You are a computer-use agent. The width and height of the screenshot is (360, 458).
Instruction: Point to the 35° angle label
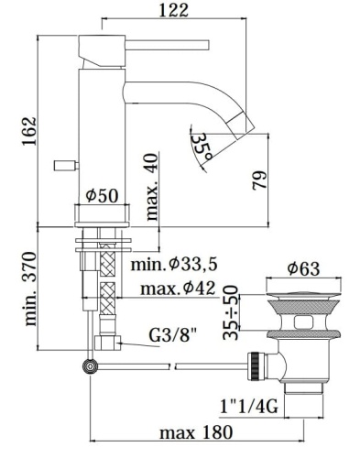click(203, 143)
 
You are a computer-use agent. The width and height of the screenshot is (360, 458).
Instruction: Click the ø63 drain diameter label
click(302, 268)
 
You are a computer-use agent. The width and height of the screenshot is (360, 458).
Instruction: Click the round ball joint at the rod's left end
click(89, 366)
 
